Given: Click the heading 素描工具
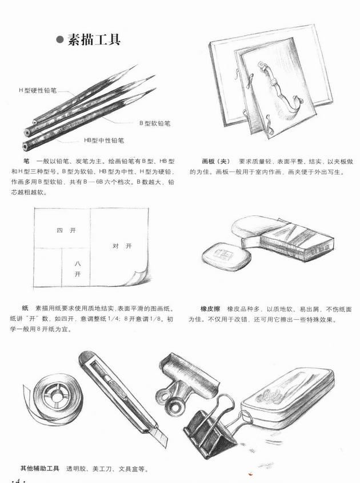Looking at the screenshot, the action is pyautogui.click(x=94, y=39).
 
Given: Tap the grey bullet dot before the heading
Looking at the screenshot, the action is pyautogui.click(x=60, y=40).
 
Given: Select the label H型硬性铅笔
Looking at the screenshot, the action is pyautogui.click(x=38, y=91).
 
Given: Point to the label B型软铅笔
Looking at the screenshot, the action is pyautogui.click(x=154, y=123).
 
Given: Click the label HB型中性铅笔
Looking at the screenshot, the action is pyautogui.click(x=104, y=140).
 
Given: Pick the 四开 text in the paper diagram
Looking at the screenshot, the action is pyautogui.click(x=66, y=230).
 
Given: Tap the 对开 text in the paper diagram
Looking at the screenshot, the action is pyautogui.click(x=122, y=246).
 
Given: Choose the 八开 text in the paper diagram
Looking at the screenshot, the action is pyautogui.click(x=78, y=268).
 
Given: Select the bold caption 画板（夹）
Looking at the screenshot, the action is pyautogui.click(x=216, y=161).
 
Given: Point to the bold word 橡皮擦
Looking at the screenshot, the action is pyautogui.click(x=210, y=309).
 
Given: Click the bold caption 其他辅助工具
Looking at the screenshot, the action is pyautogui.click(x=40, y=469).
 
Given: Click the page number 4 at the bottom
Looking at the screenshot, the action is pyautogui.click(x=18, y=480).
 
